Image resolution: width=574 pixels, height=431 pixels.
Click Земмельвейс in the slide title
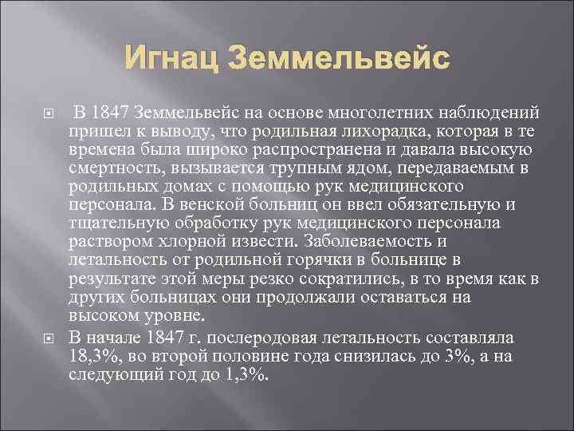[x=339, y=58]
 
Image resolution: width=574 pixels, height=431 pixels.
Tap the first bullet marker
[x=46, y=110]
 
